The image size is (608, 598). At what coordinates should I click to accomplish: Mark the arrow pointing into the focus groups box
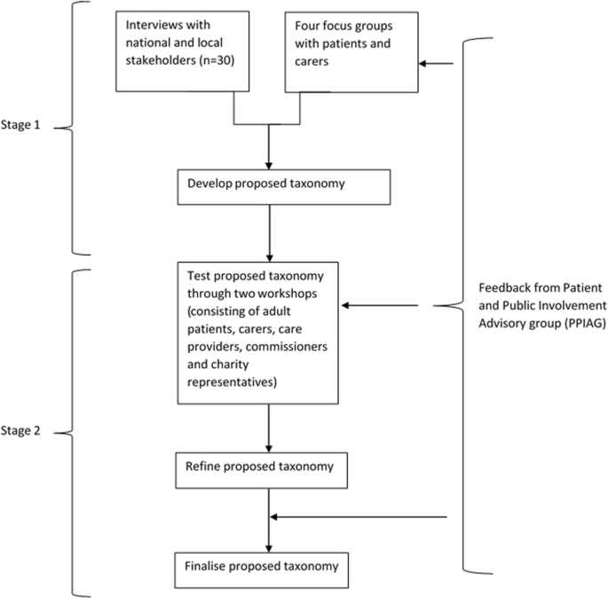[x=438, y=63]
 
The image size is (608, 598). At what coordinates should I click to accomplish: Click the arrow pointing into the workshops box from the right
[x=382, y=306]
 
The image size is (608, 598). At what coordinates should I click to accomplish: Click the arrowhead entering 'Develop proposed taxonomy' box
[x=267, y=165]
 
